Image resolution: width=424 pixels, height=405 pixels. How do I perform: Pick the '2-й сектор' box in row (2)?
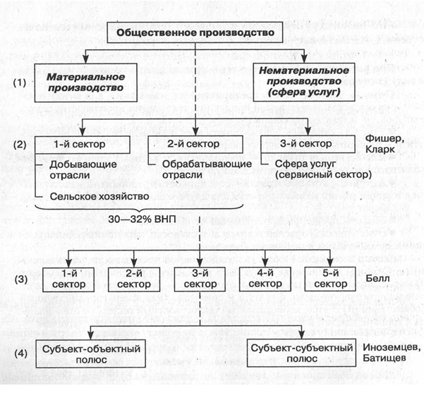coord(195,145)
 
